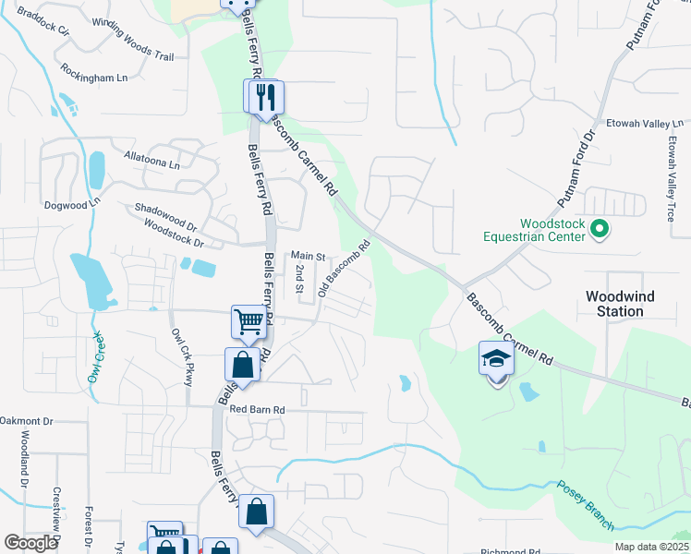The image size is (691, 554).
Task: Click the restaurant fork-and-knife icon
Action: click(x=264, y=96)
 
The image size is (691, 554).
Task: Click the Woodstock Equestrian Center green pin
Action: click(x=599, y=227)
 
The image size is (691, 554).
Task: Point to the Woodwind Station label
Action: click(x=614, y=304)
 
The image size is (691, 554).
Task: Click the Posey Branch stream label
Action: click(x=583, y=505)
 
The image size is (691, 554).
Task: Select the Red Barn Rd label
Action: click(x=258, y=409)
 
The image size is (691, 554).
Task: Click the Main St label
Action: click(x=309, y=256)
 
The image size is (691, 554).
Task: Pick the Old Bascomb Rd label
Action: click(x=344, y=269)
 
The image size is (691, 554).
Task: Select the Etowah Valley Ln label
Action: click(x=644, y=123)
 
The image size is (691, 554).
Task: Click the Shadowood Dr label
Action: click(x=166, y=211)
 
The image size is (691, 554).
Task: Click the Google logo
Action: click(x=30, y=543)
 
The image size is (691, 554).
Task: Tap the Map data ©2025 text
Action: click(x=651, y=547)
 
